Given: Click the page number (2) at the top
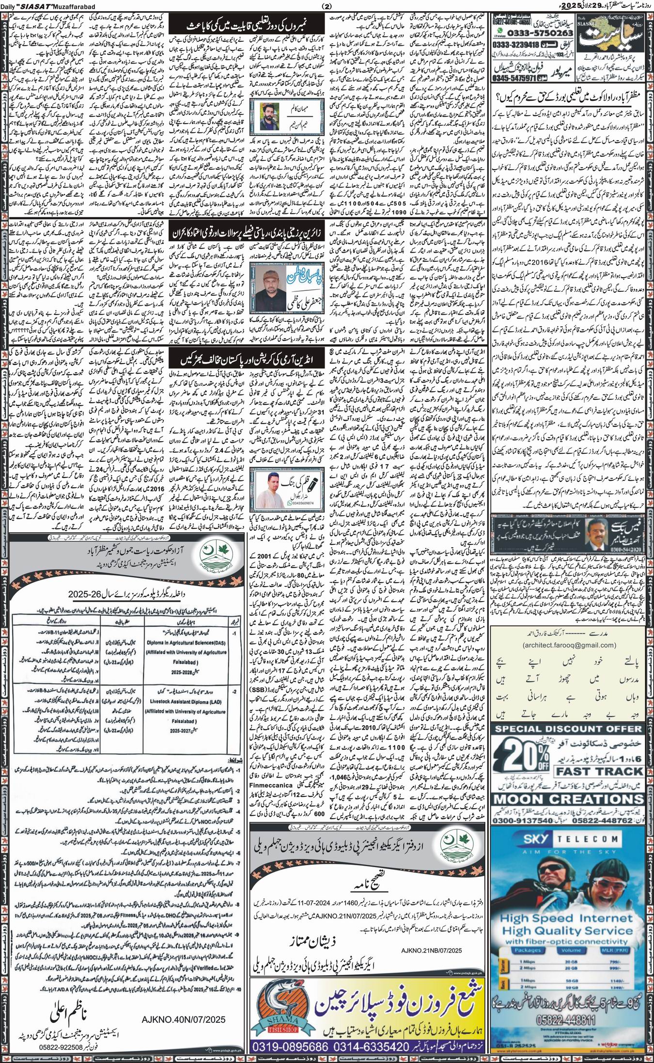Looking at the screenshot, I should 326,6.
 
